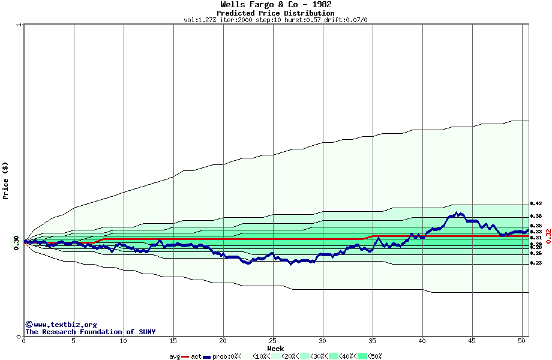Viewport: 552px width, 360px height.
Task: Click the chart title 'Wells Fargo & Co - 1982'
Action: tap(275, 5)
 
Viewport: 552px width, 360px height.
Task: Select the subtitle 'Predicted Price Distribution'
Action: tap(275, 13)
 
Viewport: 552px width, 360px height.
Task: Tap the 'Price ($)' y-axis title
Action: tap(5, 181)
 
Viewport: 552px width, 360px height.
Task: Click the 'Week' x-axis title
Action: tap(275, 349)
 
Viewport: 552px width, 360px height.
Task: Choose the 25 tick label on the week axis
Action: tap(273, 341)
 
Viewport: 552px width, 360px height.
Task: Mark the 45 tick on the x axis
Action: tap(472, 341)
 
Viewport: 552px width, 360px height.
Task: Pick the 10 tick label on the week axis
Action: tap(123, 341)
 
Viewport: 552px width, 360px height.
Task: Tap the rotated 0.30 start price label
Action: tap(16, 242)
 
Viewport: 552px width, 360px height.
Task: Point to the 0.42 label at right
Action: tap(536, 204)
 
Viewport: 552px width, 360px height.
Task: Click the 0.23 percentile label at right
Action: tap(536, 263)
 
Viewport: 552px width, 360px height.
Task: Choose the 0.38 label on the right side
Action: tap(536, 216)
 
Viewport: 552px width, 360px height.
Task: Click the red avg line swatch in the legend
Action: tap(185, 357)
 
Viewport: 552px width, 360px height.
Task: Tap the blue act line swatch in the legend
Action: tap(207, 357)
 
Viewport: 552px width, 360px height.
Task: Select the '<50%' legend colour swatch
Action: tap(362, 356)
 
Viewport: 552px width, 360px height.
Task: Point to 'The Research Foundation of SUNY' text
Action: tap(90, 332)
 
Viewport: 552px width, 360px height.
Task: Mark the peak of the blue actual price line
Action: tap(457, 212)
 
